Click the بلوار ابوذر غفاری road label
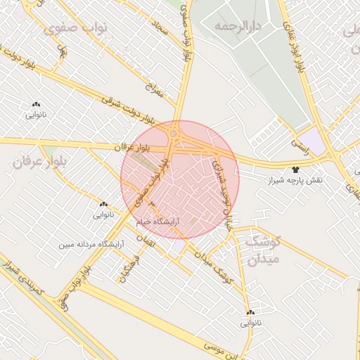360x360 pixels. click(x=293, y=35)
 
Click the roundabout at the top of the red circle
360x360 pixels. click(x=173, y=133)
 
